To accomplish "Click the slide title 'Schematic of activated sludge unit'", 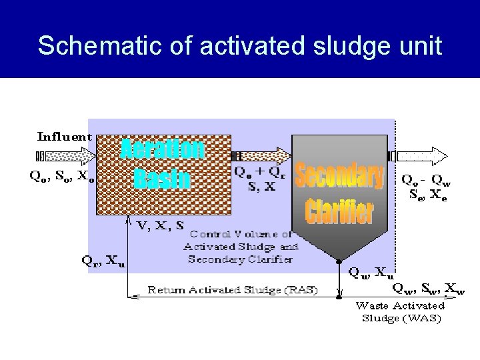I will [240, 45].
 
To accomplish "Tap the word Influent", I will [65, 137].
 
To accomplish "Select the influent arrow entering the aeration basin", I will [67, 157].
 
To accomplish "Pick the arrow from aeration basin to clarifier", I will [261, 157].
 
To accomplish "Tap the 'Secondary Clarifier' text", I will [339, 193].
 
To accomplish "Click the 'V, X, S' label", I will [161, 226].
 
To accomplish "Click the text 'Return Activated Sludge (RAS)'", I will [233, 290].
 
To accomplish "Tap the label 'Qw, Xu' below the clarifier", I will [371, 272].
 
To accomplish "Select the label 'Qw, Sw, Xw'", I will [428, 288].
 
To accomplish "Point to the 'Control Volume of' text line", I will [241, 234].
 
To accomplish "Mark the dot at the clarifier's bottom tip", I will [339, 262].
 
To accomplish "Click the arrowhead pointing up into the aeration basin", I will [128, 219].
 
